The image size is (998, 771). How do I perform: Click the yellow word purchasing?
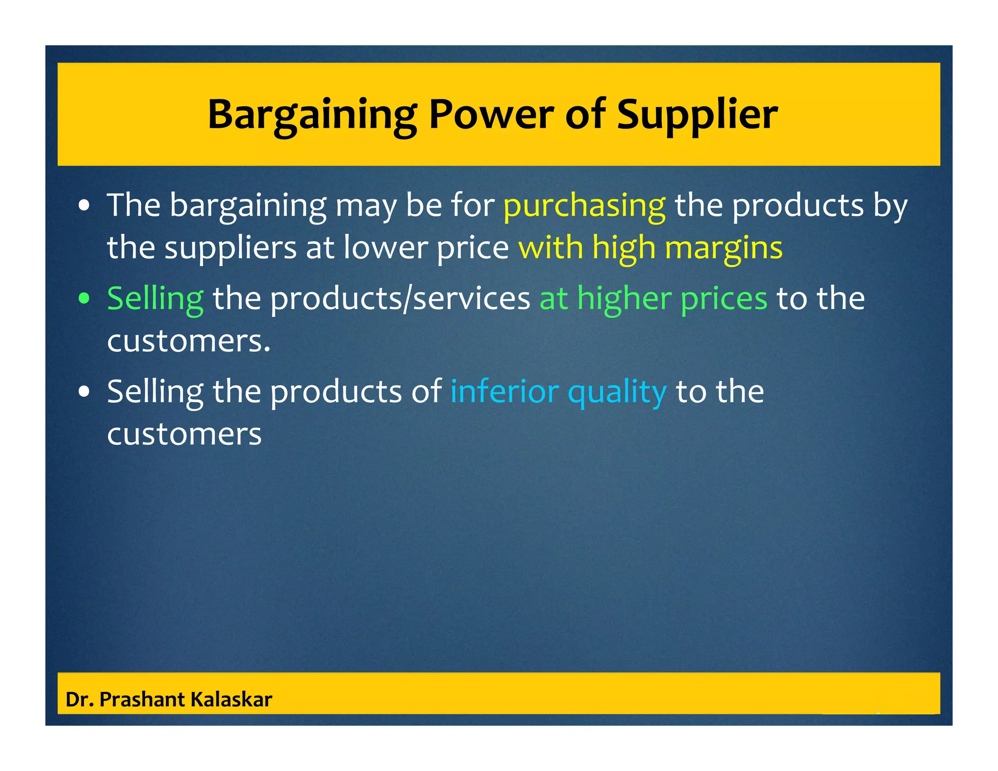[x=584, y=206]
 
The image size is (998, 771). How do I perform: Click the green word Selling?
[x=155, y=298]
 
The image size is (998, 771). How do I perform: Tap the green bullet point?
[x=84, y=298]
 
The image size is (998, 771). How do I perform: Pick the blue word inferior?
[x=504, y=392]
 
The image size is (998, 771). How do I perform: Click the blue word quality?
[x=617, y=392]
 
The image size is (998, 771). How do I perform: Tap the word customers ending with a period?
[x=189, y=340]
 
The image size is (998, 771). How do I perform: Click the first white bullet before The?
[x=84, y=206]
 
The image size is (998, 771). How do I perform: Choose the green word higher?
[x=624, y=298]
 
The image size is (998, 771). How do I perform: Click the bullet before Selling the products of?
[x=84, y=392]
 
